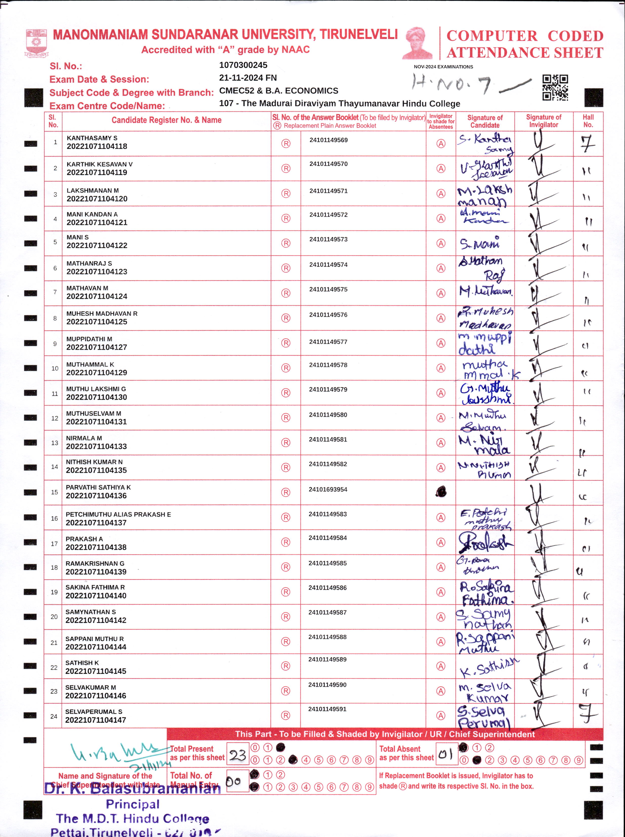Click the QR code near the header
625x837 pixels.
[x=555, y=87]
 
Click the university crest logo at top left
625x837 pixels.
[x=36, y=43]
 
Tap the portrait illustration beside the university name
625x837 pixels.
[x=418, y=43]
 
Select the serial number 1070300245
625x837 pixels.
[x=243, y=65]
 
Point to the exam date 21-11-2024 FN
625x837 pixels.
[x=248, y=78]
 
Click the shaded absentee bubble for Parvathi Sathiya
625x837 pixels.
[x=441, y=492]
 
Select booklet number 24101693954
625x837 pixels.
[x=328, y=489]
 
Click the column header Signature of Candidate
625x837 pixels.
[x=485, y=121]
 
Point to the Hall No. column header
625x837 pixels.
[x=588, y=121]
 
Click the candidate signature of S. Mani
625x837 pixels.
[x=479, y=243]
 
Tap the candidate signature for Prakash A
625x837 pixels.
[x=485, y=542]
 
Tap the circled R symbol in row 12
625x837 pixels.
[x=286, y=418]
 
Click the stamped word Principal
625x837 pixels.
[x=132, y=804]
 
